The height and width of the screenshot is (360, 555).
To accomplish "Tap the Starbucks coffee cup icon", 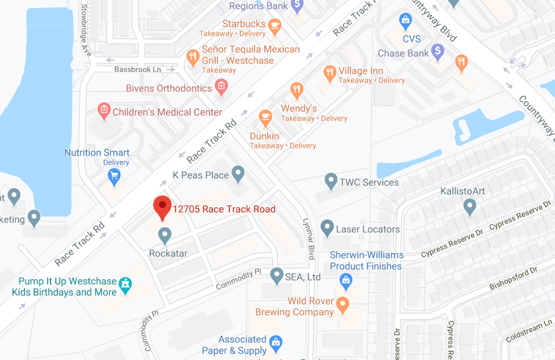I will (x=275, y=26).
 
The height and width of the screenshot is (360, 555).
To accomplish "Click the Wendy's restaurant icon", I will (x=297, y=91).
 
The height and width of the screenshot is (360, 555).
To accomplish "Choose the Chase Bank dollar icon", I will (x=437, y=50).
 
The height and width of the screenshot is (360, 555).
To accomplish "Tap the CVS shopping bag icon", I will (x=406, y=21).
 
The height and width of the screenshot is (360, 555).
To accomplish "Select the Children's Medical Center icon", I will (x=104, y=110).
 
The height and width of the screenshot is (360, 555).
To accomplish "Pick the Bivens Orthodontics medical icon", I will (x=221, y=86).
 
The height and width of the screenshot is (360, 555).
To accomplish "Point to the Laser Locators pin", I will (x=327, y=227).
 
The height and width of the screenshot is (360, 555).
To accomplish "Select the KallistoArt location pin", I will (x=469, y=207).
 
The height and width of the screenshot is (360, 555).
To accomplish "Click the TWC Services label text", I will (x=369, y=183).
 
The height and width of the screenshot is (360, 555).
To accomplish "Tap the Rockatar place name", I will (x=168, y=253).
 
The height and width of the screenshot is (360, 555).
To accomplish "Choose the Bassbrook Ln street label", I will (x=138, y=69).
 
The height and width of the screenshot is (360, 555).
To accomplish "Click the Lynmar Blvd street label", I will (x=310, y=237).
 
